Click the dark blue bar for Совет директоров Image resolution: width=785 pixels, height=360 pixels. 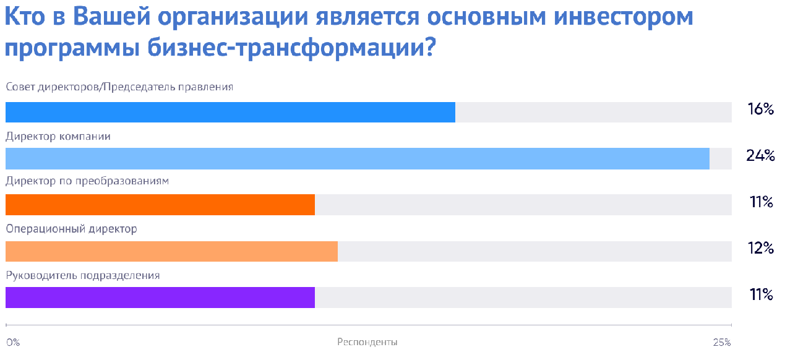tap(230, 112)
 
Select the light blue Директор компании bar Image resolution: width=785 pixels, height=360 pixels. tap(358, 158)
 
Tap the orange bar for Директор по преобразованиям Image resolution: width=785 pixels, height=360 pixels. tap(160, 205)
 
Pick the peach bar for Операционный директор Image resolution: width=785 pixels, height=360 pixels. tap(172, 251)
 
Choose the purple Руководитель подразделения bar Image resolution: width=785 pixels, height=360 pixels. tap(160, 298)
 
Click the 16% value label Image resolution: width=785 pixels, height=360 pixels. tap(760, 109)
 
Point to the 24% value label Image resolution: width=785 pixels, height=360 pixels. tap(760, 155)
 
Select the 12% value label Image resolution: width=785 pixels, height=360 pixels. tap(760, 248)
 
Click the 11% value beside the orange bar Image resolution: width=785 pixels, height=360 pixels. tap(761, 202)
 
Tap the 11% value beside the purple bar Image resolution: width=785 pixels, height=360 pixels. tap(761, 295)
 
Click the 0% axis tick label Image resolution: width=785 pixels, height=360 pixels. tap(13, 342)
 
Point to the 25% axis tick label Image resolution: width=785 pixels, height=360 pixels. tap(722, 342)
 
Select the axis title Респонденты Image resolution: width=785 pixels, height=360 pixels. tap(367, 342)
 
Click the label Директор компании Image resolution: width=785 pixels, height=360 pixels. tap(58, 136)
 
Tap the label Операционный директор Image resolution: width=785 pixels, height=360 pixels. tap(72, 229)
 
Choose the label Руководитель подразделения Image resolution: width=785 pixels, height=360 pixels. tap(83, 275)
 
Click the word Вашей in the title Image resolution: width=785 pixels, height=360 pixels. tap(112, 17)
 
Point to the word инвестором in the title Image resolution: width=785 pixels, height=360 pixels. tap(624, 17)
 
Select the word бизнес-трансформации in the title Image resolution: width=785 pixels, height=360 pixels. tap(291, 48)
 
